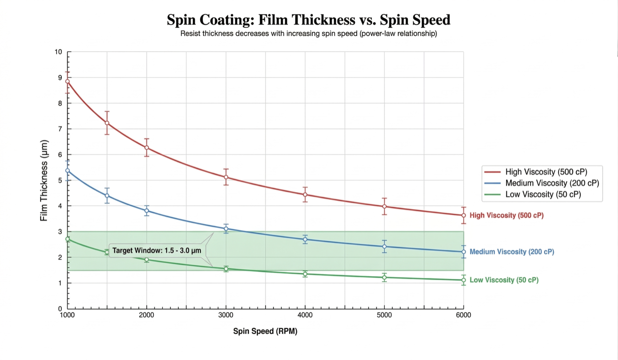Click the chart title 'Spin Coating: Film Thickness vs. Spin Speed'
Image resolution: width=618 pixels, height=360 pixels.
tap(309, 20)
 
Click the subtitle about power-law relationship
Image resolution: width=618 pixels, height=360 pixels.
tap(309, 34)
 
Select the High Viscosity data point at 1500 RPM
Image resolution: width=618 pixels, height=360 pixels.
tap(107, 123)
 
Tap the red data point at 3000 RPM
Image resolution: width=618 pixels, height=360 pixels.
tap(226, 177)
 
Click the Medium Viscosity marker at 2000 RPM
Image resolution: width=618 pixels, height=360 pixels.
tap(147, 210)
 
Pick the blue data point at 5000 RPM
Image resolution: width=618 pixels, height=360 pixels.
tap(384, 247)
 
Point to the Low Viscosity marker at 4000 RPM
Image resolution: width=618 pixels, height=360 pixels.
tap(305, 274)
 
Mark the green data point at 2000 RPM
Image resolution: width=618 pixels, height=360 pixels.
tap(147, 260)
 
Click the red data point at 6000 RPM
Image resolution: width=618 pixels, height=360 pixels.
tap(463, 215)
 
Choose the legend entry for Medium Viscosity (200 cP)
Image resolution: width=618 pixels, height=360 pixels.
tap(542, 183)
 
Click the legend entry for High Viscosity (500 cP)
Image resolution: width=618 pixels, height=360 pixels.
tap(542, 172)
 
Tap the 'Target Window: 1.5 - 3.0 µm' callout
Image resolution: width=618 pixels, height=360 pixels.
tap(157, 251)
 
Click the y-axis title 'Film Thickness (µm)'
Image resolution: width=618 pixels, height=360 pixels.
tap(44, 180)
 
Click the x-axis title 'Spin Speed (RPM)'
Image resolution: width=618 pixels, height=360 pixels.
tap(265, 332)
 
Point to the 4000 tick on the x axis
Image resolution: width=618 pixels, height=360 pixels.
tap(305, 315)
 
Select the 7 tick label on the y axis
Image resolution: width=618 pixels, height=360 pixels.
tap(60, 129)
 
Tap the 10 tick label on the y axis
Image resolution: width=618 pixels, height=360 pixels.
tap(58, 52)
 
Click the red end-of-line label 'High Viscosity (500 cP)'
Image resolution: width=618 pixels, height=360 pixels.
tap(506, 215)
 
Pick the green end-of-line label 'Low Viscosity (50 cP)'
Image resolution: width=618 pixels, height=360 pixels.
tap(504, 280)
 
